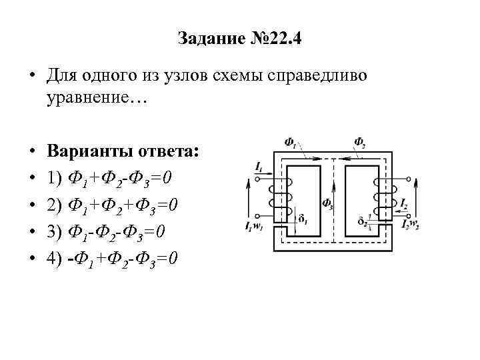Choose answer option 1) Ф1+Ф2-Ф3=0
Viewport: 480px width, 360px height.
tap(111, 177)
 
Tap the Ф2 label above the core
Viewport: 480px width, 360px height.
tap(359, 142)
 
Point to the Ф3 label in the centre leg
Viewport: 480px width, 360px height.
tap(327, 203)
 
